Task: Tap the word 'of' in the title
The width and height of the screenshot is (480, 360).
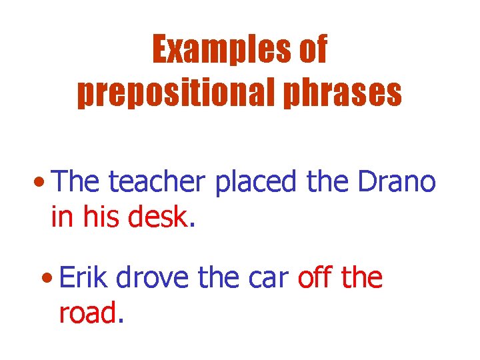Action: (309, 50)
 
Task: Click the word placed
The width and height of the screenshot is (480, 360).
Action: (256, 182)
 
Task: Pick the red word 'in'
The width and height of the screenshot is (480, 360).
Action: (61, 217)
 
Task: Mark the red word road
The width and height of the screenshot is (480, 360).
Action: (87, 313)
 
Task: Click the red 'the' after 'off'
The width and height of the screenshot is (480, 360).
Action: (361, 278)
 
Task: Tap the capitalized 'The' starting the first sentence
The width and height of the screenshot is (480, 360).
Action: (77, 182)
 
